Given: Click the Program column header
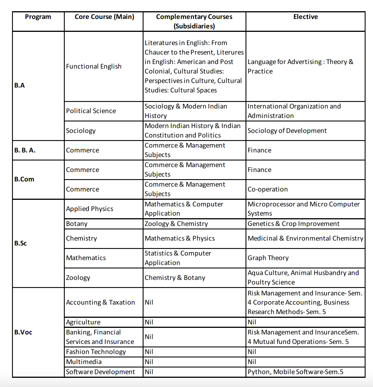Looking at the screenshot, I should coord(38,17).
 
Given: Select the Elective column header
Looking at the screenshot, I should coord(305,17).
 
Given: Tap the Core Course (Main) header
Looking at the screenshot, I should coord(104,17).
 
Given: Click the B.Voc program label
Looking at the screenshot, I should coord(23,332).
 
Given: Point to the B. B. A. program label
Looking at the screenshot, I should coord(25,150).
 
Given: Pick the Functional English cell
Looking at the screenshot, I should coord(94,66).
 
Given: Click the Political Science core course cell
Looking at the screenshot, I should coord(91,111).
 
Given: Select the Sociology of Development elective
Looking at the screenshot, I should coord(287,131).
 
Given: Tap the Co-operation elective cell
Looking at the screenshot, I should coord(268,189).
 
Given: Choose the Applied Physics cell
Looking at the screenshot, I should coord(89,209).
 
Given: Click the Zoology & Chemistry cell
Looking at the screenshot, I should coord(176,224).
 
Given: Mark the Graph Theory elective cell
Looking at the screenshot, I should coord(268,258).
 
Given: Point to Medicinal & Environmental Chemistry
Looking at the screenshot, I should coord(305,238).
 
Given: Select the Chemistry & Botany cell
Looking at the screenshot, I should coord(175,278).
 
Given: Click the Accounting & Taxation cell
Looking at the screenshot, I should coord(100,302).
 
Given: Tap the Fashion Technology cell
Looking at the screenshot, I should coord(96,352).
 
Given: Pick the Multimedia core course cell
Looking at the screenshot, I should coord(84,362).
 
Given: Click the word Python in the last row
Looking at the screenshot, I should coord(259,372).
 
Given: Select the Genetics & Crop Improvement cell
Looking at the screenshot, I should coord(293,224).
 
